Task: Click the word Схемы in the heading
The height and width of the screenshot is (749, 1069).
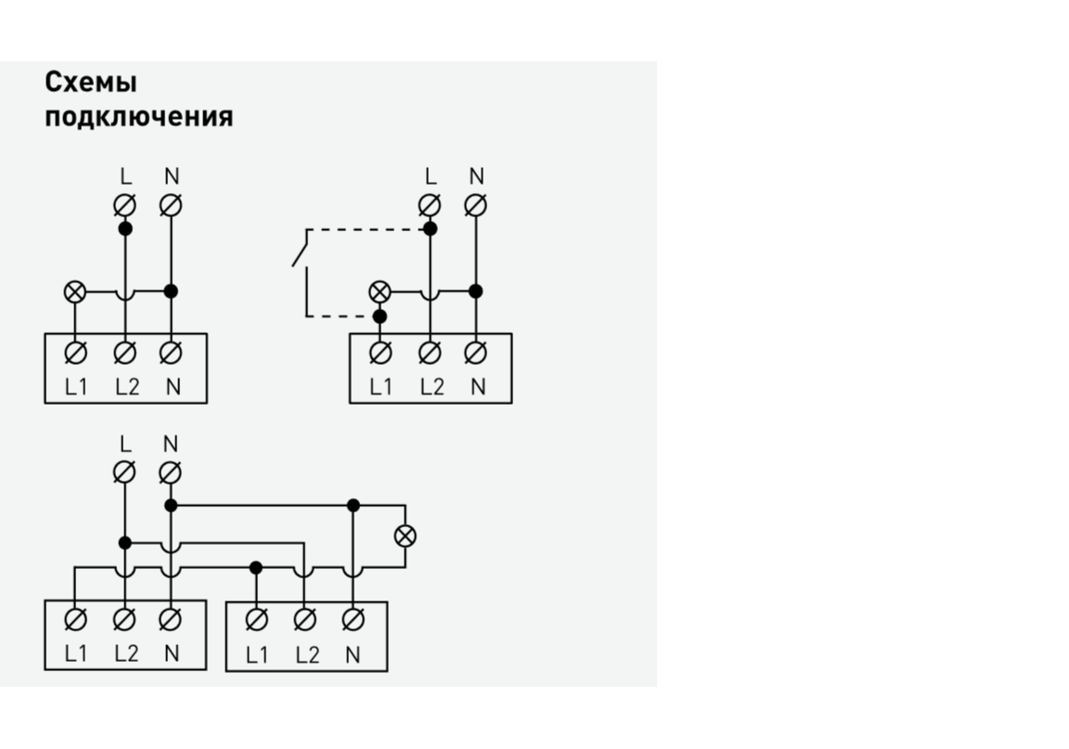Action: coord(91,83)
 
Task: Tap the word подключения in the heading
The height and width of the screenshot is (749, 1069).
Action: coord(139,118)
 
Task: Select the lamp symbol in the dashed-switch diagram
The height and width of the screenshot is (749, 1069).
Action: coord(380,291)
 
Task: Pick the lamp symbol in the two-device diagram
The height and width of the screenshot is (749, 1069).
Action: coord(406,536)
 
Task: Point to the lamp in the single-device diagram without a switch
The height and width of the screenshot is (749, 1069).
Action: coord(75,291)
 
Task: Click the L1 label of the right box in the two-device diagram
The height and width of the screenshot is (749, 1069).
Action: coord(256,655)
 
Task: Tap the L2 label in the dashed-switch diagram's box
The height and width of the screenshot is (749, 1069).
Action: coord(431,387)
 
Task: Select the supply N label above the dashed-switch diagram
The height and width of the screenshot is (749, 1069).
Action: coord(477,175)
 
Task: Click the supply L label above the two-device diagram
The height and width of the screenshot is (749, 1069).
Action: coord(124,444)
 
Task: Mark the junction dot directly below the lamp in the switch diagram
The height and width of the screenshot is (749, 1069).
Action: coord(380,316)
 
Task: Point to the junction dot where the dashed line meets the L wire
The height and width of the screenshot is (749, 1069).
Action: coord(429,228)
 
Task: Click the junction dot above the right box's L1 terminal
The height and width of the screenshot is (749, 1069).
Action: coord(256,567)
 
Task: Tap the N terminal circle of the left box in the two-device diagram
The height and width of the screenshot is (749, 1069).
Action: coord(171,620)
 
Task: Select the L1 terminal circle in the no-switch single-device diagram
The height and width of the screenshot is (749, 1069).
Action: coord(75,353)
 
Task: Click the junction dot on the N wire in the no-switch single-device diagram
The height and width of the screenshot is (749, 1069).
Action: coord(171,291)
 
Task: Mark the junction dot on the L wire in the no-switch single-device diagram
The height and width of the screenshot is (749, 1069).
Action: coord(124,228)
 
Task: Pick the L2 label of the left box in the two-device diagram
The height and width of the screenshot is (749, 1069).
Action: coord(126,653)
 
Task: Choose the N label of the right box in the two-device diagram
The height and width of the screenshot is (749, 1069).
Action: coord(352,655)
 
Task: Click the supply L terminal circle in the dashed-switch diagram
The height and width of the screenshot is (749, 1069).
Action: coord(429,204)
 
